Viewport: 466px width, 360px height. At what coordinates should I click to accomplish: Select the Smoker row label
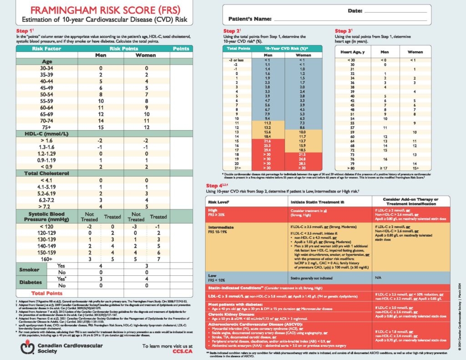coord(29,269)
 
